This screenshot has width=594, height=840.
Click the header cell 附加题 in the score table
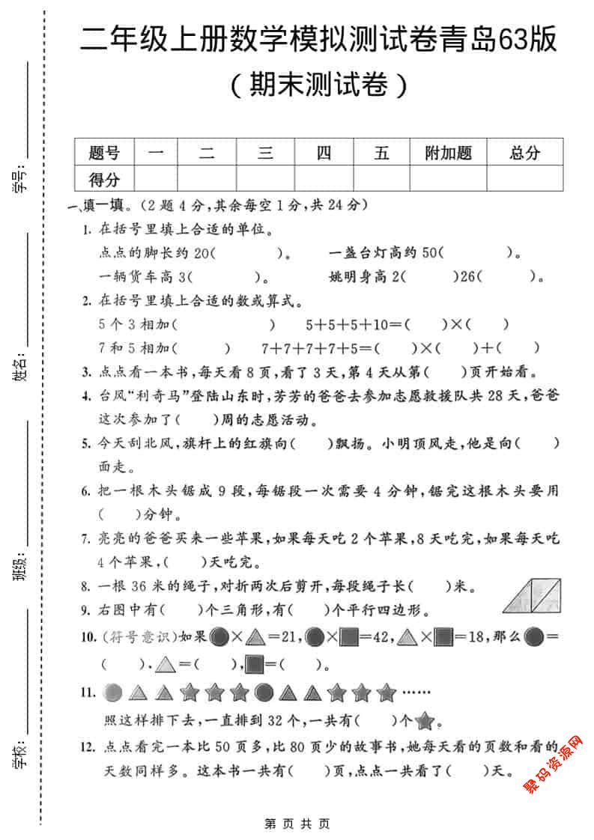tap(448, 153)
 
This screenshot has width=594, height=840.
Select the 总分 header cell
tap(524, 153)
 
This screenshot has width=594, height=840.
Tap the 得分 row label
tap(104, 179)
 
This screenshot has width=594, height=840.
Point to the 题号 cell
tap(104, 153)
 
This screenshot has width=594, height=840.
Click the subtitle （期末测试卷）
tap(318, 85)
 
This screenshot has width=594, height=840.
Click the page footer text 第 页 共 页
tap(297, 824)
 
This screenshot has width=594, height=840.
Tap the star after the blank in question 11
tap(425, 722)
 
